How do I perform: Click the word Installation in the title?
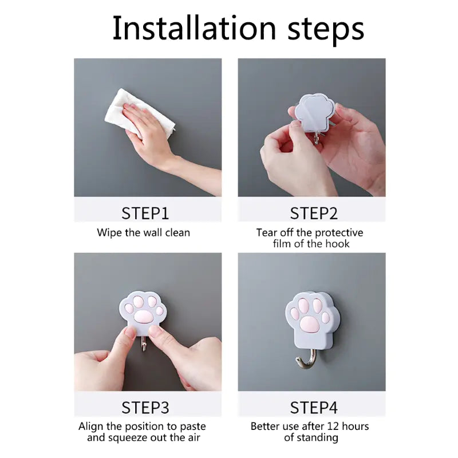pos(194,27)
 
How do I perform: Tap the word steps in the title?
pos(326,30)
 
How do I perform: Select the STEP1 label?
pos(145,213)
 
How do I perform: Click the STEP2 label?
pos(314,213)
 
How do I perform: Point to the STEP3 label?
pos(145,408)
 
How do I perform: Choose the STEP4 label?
pos(314,408)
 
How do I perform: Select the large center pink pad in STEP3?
pos(144,316)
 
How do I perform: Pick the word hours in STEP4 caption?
pos(355,427)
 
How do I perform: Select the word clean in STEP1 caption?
pos(177,233)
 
